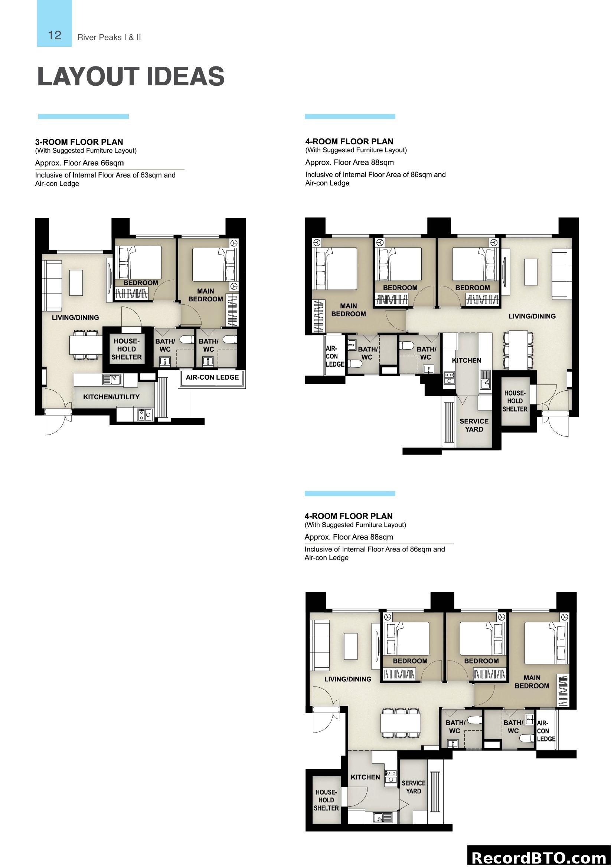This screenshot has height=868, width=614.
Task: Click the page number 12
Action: pos(55,35)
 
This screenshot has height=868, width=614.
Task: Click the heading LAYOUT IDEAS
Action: pos(131,76)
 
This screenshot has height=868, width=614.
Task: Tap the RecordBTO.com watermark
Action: pos(539,857)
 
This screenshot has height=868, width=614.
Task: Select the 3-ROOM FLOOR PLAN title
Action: pos(79,142)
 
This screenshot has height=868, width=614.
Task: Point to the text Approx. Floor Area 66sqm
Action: pos(79,163)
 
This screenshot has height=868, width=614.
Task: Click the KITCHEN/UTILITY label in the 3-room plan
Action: pos(111,397)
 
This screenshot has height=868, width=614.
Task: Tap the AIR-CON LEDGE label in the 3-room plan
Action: pos(212,377)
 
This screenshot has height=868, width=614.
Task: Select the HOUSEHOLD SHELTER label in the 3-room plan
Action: pos(126,349)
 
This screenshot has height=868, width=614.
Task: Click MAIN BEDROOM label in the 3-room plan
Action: pos(206,295)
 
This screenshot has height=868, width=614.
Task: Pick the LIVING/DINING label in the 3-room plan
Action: pos(75,318)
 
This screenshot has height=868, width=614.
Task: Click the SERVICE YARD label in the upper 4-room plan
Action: pos(474,425)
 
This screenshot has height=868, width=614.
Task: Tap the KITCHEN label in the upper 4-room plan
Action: pos(467,360)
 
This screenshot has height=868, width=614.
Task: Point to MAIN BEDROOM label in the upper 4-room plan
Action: pos(348,309)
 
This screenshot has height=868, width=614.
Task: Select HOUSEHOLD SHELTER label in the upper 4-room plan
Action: pos(515,401)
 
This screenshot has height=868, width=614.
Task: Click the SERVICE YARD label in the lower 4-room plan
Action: pos(413,787)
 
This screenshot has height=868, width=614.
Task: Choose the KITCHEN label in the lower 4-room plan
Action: pos(365,777)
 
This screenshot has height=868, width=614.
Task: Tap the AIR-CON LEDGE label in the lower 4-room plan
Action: pos(546,731)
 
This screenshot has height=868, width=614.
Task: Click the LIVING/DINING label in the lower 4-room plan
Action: pos(347,679)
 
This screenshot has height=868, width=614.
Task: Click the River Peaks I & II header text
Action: pos(109,37)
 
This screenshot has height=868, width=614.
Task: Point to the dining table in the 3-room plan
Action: pos(86,345)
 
